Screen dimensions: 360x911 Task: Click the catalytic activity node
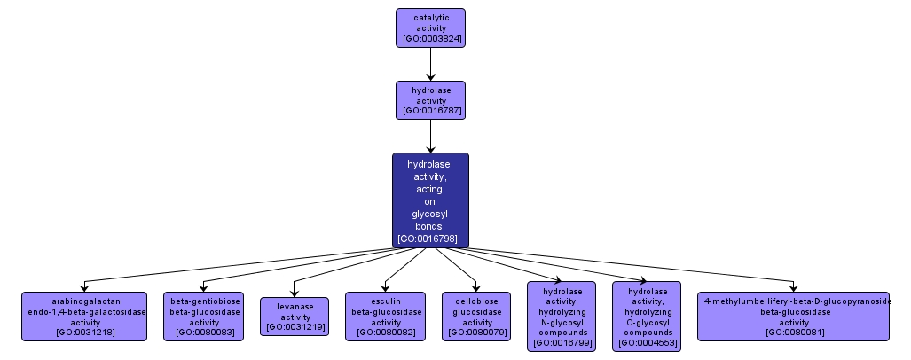point(430,27)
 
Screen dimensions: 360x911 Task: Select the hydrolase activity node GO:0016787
point(430,100)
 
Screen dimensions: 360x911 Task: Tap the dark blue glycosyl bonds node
point(430,200)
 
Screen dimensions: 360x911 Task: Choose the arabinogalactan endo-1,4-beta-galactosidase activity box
point(84,317)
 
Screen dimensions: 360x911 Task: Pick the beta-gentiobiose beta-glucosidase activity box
point(205,317)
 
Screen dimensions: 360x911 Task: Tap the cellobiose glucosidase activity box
point(476,317)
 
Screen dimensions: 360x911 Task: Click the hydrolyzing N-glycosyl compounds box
point(562,317)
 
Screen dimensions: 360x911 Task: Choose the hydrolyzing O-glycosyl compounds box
point(647,317)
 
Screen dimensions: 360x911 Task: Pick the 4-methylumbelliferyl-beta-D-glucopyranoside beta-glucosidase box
point(794,317)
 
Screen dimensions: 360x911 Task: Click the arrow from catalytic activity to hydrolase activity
point(430,64)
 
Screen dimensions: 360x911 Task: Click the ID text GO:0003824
point(430,39)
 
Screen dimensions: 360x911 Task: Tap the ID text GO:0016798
point(430,239)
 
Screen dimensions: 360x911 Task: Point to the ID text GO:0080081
point(794,333)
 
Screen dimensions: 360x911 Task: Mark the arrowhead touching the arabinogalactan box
point(84,287)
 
